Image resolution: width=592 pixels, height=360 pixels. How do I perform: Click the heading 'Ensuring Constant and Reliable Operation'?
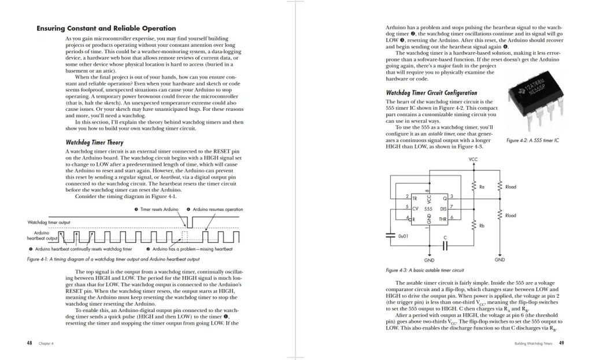coord(106,28)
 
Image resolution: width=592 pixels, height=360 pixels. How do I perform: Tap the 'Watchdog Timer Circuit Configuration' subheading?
coord(431,92)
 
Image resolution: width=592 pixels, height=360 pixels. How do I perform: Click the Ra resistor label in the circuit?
coord(482,187)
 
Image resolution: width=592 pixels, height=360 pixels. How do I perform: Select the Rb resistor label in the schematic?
coord(482,226)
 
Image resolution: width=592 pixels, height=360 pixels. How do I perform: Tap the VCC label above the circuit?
coord(473,159)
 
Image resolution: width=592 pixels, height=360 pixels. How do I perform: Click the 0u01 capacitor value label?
coord(404,236)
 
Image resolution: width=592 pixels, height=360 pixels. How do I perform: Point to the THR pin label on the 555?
coord(443,219)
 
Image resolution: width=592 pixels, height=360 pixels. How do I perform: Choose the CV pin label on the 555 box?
coord(415,208)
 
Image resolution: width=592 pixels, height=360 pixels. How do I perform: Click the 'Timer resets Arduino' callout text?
coord(158,209)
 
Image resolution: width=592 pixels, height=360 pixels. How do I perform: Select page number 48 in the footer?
coord(29,343)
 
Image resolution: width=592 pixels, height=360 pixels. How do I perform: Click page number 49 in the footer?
coord(561,343)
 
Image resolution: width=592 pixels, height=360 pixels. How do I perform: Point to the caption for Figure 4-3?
coord(424,270)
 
